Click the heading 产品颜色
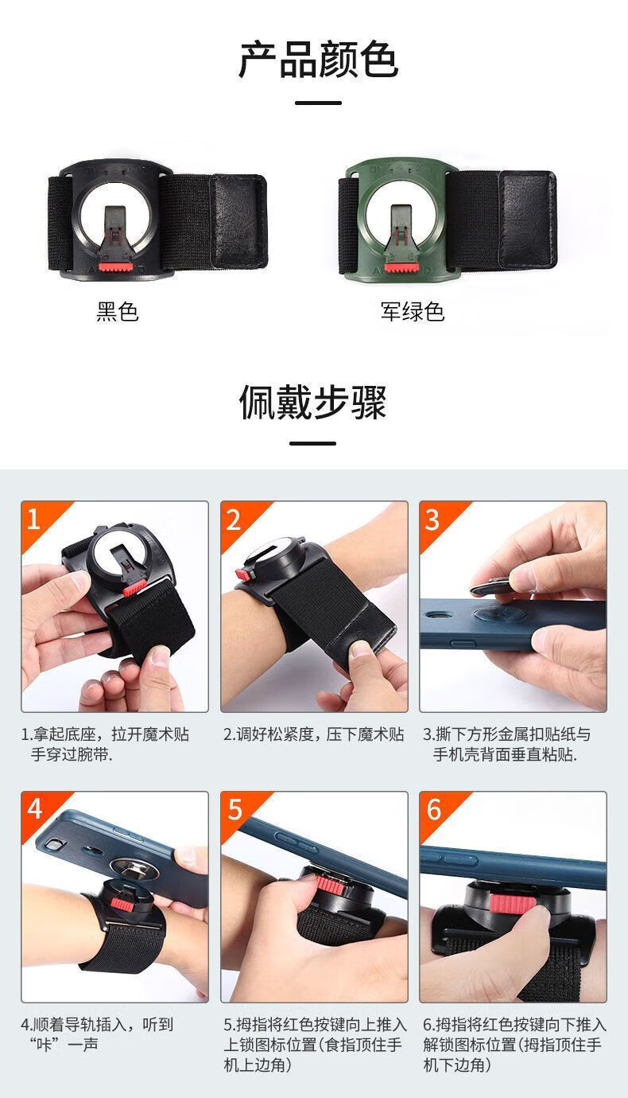pyautogui.click(x=318, y=60)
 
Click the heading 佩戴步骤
pyautogui.click(x=313, y=402)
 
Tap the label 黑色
pyautogui.click(x=118, y=312)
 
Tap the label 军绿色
pyautogui.click(x=413, y=312)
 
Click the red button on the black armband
pyautogui.click(x=116, y=268)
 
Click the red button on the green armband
pyautogui.click(x=401, y=268)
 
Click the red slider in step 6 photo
pyautogui.click(x=513, y=902)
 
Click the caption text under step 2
pyautogui.click(x=313, y=734)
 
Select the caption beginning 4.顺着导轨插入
pyautogui.click(x=97, y=1034)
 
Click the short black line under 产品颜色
pyautogui.click(x=319, y=103)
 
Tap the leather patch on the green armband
pyautogui.click(x=527, y=219)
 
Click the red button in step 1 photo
pyautogui.click(x=134, y=587)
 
